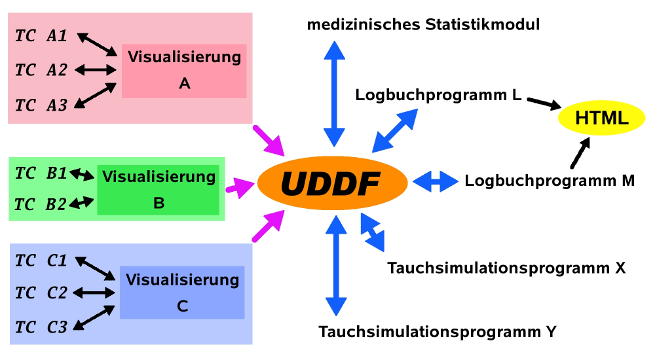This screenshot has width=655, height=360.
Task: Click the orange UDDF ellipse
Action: point(330,181)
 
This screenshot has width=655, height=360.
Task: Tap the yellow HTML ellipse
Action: point(601,118)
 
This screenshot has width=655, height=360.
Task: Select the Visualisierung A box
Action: point(184,71)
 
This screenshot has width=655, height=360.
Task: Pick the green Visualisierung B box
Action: point(159,190)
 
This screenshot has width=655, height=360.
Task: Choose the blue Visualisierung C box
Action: point(181,293)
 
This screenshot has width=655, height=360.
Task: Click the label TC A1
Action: point(41,37)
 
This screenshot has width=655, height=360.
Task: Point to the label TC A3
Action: point(41,105)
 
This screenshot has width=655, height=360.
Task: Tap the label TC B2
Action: point(40,204)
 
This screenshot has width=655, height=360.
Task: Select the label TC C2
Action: point(41,293)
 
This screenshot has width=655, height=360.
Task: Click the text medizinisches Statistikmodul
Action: point(423,26)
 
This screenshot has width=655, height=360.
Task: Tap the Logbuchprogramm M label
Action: point(550,181)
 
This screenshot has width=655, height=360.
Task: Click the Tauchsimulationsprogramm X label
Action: point(506,268)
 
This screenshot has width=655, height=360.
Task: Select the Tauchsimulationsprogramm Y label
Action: point(437,332)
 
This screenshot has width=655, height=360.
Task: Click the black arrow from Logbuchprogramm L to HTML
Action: point(544,103)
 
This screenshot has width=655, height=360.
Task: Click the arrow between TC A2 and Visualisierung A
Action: point(95,69)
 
